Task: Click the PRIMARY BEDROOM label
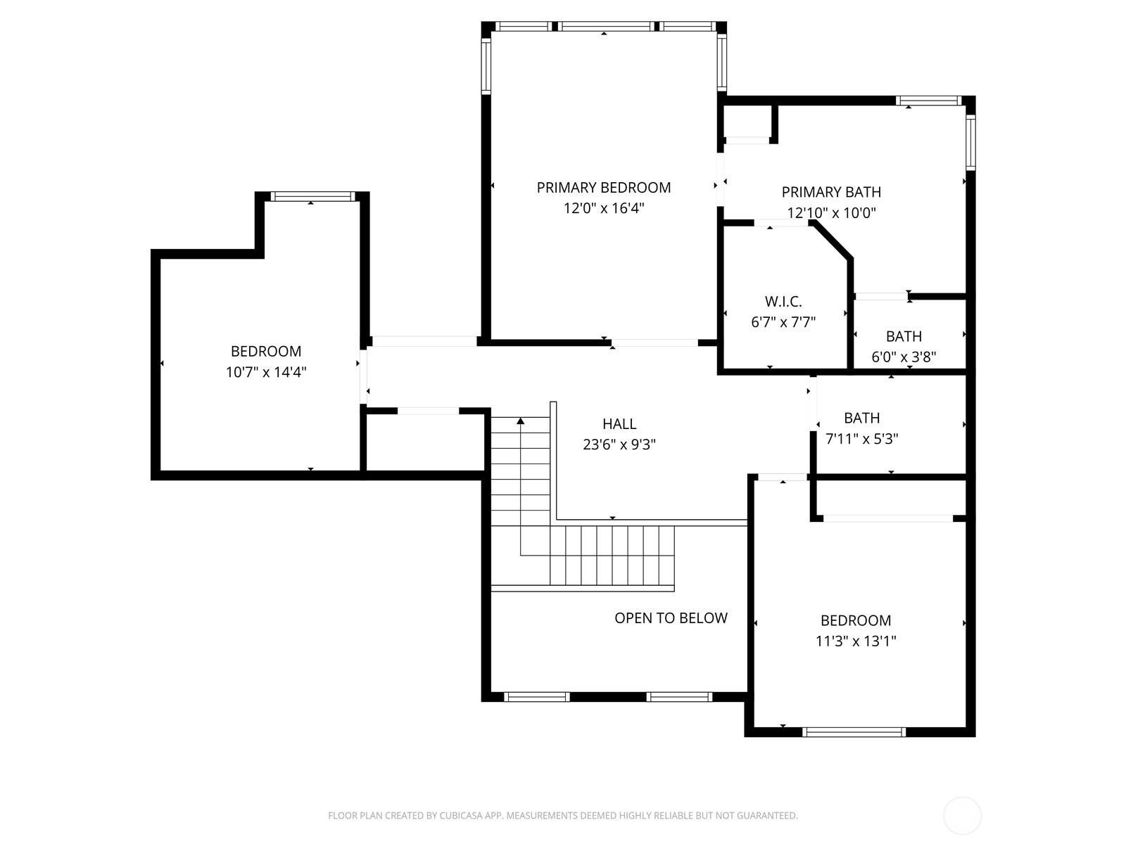[603, 188]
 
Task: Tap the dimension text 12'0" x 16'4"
[604, 208]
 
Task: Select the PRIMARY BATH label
[831, 192]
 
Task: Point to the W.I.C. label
[783, 301]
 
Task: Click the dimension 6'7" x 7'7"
[783, 322]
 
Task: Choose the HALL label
[619, 424]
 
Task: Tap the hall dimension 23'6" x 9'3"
[619, 445]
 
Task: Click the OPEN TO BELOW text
[671, 618]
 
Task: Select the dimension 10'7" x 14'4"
[266, 372]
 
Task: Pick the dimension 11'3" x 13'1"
[856, 641]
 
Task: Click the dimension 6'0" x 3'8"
[904, 357]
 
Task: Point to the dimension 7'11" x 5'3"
[862, 439]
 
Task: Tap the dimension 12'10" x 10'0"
[831, 212]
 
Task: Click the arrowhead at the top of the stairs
[521, 421]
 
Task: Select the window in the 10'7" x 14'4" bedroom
[312, 196]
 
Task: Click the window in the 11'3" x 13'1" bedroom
[854, 732]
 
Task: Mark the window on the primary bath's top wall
[928, 101]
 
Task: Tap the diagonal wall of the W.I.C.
[832, 240]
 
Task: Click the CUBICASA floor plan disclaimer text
[563, 815]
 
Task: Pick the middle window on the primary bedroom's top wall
[606, 26]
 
